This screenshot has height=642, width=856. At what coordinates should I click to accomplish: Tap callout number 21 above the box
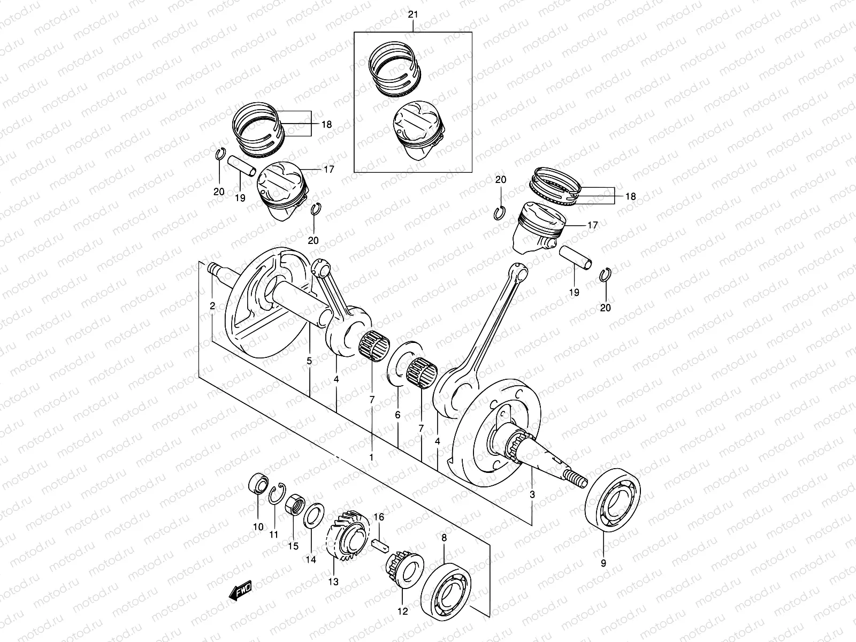(x=412, y=14)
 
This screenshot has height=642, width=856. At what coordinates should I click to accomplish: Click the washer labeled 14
(x=313, y=514)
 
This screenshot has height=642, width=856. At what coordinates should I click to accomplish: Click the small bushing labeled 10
(x=259, y=484)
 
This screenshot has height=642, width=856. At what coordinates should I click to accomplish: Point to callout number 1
(x=371, y=457)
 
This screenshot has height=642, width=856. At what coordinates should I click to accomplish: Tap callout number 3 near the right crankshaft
(x=532, y=495)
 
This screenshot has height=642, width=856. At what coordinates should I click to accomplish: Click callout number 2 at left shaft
(x=212, y=307)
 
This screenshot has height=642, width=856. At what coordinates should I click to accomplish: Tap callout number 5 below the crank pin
(x=309, y=362)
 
